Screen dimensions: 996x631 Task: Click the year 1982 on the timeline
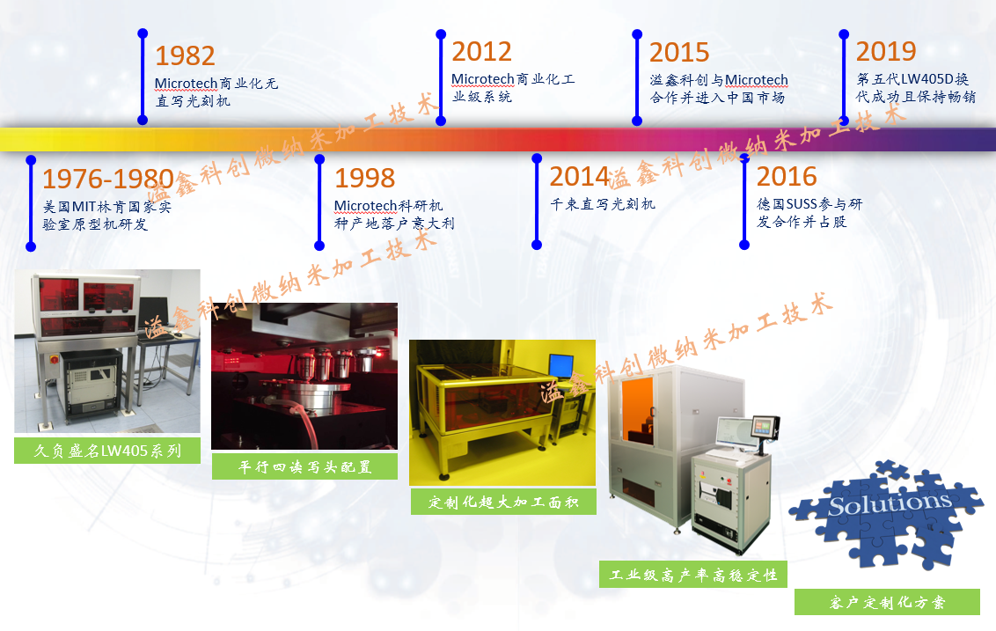point(185,56)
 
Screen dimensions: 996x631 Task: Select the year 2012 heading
point(481,52)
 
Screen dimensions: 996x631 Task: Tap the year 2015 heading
point(679,53)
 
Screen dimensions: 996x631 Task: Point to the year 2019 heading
point(885,51)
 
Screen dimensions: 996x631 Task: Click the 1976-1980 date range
point(108,179)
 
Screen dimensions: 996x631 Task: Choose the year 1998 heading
point(364,178)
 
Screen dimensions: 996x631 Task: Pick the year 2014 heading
point(579,177)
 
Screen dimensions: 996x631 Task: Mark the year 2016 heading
point(787,177)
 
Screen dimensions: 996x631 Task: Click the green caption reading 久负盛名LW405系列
point(107,451)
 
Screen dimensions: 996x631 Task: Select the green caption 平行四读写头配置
point(305,467)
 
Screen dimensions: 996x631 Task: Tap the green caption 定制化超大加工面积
point(503,502)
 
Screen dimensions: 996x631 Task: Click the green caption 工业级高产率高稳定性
point(693,575)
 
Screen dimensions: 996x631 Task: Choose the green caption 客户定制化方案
point(888,602)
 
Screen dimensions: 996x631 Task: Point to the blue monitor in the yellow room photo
point(560,367)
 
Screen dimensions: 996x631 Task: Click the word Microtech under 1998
point(365,206)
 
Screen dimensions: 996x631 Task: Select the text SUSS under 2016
point(802,204)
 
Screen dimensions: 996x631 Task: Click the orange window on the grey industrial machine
point(638,410)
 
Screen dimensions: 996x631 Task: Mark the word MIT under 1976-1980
point(84,207)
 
